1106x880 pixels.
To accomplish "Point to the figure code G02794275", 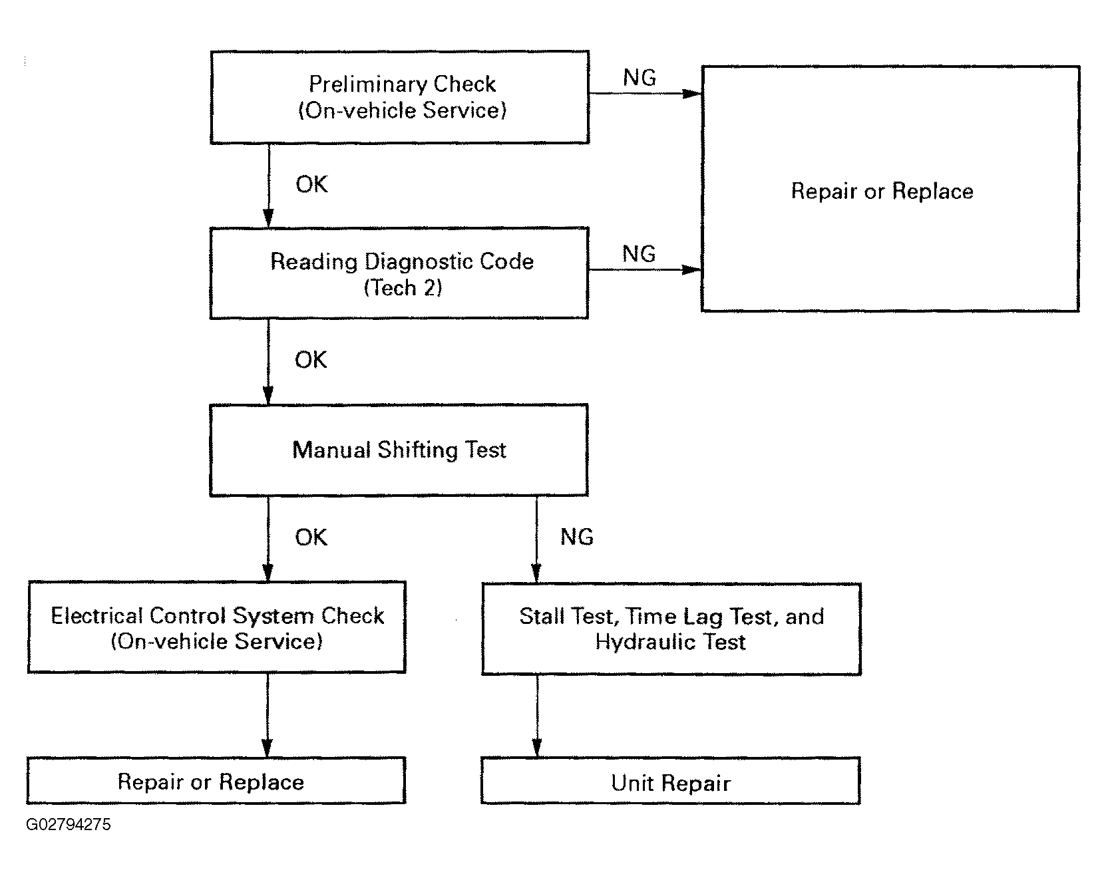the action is click(69, 825).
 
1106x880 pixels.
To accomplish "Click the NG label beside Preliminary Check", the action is click(640, 78).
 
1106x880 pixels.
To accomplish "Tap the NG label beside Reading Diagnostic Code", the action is click(639, 253).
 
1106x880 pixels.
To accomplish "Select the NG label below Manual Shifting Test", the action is click(577, 537).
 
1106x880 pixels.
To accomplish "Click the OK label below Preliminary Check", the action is click(311, 184).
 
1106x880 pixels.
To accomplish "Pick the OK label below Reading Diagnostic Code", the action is click(311, 360).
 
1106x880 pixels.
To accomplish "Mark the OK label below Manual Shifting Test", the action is click(311, 537).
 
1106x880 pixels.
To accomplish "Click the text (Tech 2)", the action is click(403, 287).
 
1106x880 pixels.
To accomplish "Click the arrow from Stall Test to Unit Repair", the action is click(537, 716).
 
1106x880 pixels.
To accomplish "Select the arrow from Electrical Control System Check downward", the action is click(268, 715).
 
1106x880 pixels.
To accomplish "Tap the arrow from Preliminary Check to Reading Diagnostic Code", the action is click(268, 186).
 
